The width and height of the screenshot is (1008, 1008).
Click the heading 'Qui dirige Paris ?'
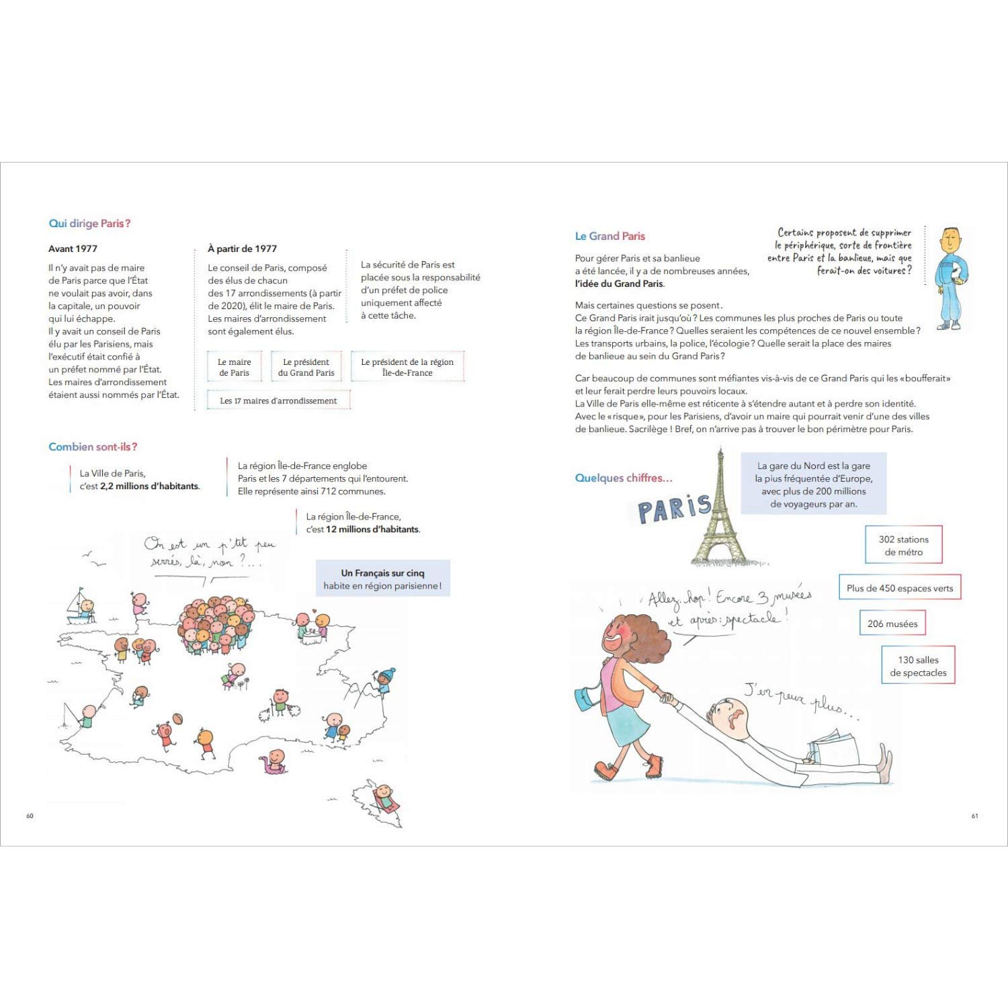tap(89, 224)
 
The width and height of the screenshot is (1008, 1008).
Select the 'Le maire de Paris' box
tap(234, 367)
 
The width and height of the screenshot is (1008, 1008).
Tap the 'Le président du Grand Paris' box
tap(306, 367)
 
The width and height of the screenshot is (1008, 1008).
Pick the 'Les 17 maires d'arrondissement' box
tap(279, 401)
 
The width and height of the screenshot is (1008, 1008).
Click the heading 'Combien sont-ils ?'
tap(93, 447)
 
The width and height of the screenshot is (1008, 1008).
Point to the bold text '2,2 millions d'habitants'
tap(149, 486)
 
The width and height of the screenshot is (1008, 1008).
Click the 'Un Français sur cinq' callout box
tap(382, 579)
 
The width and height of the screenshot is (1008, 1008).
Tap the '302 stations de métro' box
tap(903, 545)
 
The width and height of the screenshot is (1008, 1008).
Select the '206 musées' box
tap(892, 624)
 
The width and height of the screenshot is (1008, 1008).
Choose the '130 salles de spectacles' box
tap(918, 666)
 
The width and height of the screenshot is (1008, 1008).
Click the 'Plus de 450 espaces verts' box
tap(900, 588)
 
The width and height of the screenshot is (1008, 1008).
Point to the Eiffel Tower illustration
tap(720, 511)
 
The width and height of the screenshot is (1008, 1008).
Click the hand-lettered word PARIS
tap(674, 509)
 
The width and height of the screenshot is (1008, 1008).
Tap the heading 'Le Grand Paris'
tap(610, 237)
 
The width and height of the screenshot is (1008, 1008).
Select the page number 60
tap(30, 816)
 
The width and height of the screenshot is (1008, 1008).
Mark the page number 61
tap(974, 816)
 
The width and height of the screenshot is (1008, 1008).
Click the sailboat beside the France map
tap(79, 606)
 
